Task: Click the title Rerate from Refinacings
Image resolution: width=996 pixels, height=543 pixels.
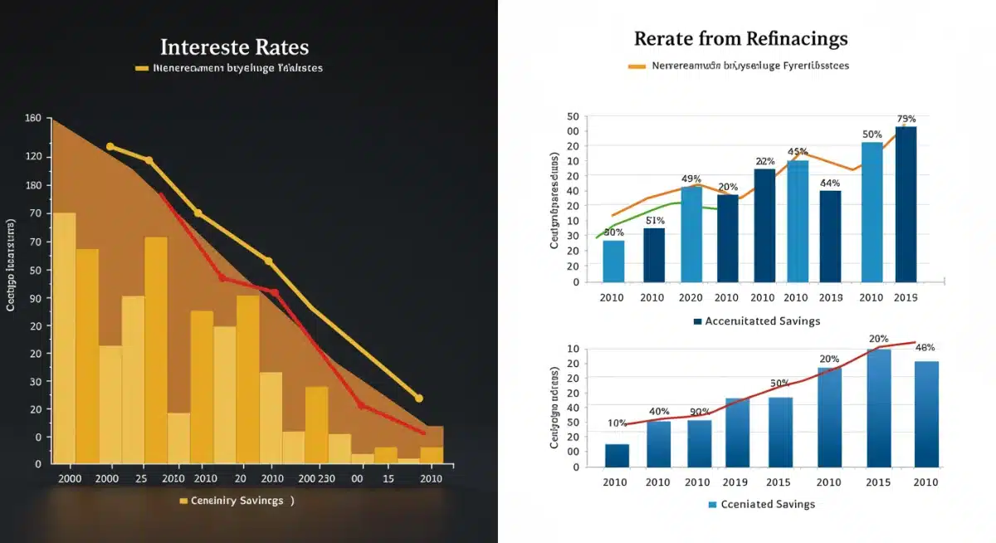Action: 741,38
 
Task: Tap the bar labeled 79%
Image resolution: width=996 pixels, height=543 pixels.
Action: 906,203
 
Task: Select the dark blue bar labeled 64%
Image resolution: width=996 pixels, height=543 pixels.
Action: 830,236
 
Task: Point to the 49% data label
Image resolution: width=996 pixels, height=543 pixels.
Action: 691,179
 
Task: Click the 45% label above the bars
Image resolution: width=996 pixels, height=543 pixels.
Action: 798,152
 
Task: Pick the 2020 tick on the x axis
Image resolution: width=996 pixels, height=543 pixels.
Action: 691,297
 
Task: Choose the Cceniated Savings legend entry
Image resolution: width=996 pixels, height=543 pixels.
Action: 761,504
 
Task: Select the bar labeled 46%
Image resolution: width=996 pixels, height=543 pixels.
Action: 926,413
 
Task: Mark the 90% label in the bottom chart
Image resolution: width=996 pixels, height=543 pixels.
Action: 699,412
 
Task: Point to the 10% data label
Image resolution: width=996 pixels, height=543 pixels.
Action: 617,423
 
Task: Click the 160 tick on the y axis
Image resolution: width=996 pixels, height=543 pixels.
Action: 33,119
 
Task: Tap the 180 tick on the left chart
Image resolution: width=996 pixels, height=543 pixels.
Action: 33,185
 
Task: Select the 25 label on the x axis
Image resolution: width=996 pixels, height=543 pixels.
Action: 141,479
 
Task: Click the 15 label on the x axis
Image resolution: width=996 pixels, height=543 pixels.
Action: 388,479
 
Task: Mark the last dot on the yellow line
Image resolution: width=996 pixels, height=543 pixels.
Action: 418,398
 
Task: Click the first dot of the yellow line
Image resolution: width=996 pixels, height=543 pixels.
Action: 110,146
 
